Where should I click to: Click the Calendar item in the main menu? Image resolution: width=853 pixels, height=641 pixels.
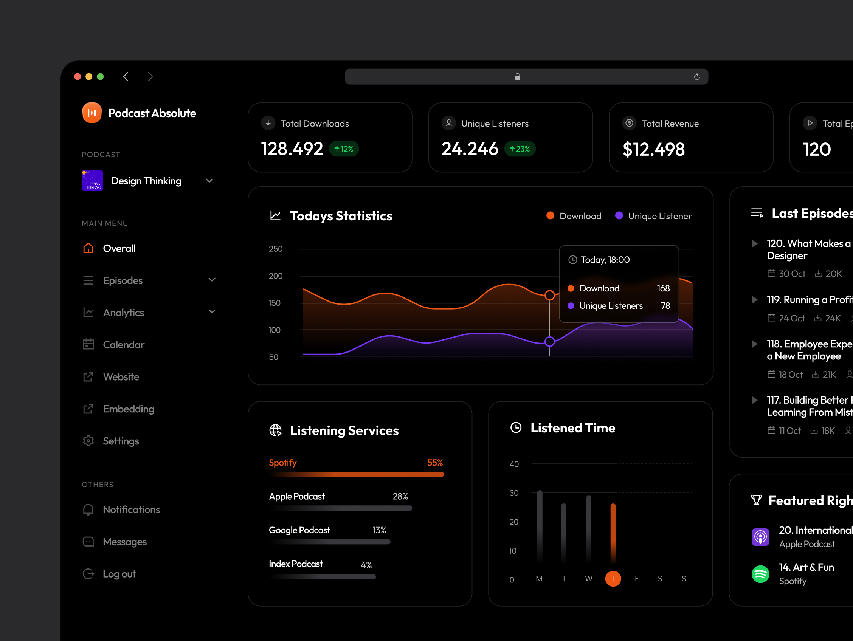click(x=123, y=345)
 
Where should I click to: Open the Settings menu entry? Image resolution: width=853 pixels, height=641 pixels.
click(x=120, y=441)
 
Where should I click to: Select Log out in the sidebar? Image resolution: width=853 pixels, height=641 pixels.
click(x=119, y=574)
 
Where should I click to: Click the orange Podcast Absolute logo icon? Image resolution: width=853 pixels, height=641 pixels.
click(x=92, y=113)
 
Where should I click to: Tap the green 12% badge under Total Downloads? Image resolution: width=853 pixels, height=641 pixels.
click(x=344, y=149)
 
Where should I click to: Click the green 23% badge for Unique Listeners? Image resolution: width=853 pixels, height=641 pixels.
click(x=520, y=149)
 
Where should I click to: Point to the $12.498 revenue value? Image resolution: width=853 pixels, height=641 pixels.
click(x=653, y=149)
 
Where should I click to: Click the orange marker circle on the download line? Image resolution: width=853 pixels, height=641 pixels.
click(x=549, y=296)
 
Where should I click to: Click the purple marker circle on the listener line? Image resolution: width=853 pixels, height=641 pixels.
click(x=549, y=342)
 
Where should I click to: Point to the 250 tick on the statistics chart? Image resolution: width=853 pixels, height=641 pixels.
click(x=275, y=249)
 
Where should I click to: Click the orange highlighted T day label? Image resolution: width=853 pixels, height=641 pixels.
click(x=613, y=579)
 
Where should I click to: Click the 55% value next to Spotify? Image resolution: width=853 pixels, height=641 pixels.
click(x=434, y=463)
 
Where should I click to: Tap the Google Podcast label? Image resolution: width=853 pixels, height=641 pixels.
click(x=299, y=530)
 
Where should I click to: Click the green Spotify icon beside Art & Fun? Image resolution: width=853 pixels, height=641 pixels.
click(x=760, y=574)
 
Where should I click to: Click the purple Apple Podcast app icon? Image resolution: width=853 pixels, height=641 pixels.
click(x=760, y=537)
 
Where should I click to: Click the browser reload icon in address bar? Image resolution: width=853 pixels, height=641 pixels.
click(x=696, y=77)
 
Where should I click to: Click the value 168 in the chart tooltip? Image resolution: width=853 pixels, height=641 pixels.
click(x=663, y=288)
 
